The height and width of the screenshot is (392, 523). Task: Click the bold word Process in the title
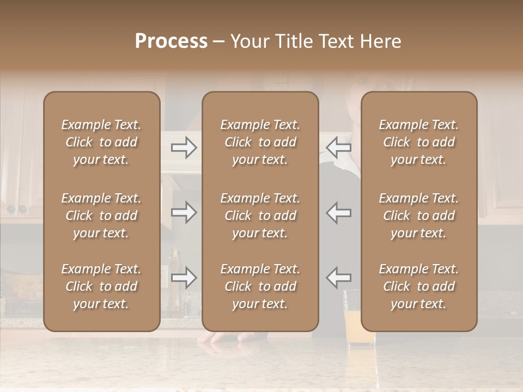(171, 41)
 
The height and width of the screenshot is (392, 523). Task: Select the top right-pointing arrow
(184, 148)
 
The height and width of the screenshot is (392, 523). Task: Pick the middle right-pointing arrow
(184, 212)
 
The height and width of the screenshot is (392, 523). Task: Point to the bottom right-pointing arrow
(184, 278)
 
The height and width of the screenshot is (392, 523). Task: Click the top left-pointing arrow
(338, 148)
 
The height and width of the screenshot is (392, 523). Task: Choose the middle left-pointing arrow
(338, 212)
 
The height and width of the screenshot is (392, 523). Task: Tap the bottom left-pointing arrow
(338, 278)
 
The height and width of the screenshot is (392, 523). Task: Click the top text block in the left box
(101, 142)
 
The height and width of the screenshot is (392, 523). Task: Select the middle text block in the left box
(101, 216)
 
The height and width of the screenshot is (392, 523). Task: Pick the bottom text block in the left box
(101, 286)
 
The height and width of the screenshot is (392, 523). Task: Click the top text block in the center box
(260, 142)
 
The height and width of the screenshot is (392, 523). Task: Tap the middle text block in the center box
(260, 216)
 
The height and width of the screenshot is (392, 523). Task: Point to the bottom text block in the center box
(260, 286)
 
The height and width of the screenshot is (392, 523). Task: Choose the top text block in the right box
(418, 142)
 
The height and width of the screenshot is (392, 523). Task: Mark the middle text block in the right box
(418, 216)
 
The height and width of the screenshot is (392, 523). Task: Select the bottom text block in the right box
(418, 286)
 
